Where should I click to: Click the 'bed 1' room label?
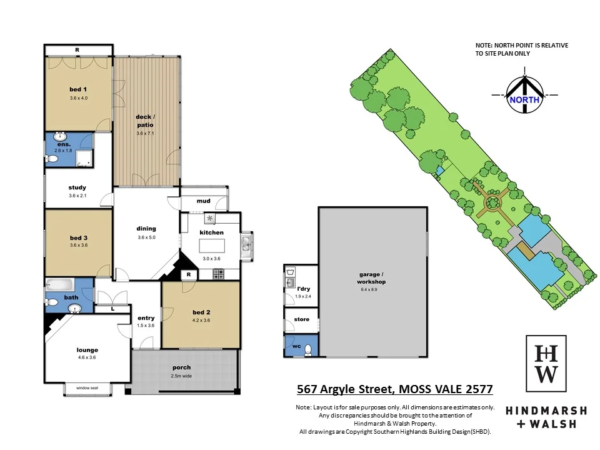coord(78,89)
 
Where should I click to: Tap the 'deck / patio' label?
coord(144,121)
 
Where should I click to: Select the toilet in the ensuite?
coord(52,159)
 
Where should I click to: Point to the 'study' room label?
coord(77,187)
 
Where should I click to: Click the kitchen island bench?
coord(211,241)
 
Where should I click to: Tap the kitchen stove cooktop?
coord(219,273)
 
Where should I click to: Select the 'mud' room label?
coord(203,201)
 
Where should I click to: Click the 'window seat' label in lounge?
coord(88,388)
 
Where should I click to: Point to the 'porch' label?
coord(182,367)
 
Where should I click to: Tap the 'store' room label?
coord(301,320)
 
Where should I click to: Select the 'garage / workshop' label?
coord(372,278)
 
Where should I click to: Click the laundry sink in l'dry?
coord(291,283)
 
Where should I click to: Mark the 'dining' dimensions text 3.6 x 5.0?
coord(146,237)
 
